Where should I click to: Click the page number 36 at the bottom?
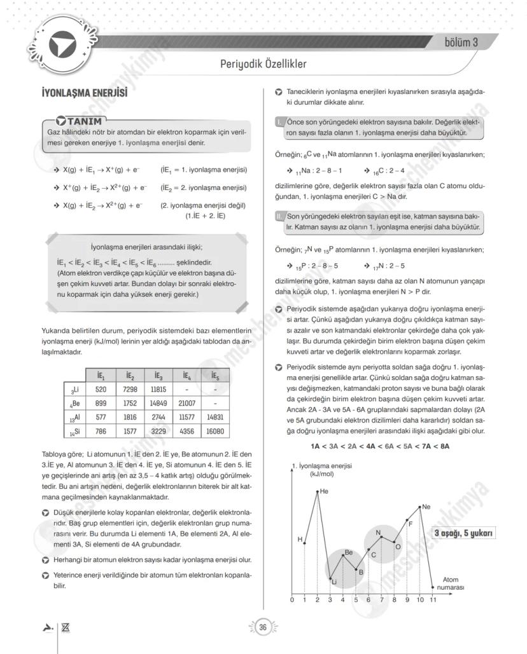pyautogui.click(x=262, y=627)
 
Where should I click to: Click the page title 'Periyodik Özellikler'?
pyautogui.click(x=263, y=64)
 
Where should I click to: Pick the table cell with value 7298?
pyautogui.click(x=130, y=389)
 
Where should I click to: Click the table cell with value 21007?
pyautogui.click(x=187, y=403)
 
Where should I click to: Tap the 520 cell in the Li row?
pyautogui.click(x=101, y=389)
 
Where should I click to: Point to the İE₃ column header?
pyautogui.click(x=158, y=375)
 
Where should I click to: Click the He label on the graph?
pyautogui.click(x=324, y=491)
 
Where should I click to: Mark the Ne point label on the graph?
pyautogui.click(x=426, y=507)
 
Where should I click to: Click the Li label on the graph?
pyautogui.click(x=333, y=582)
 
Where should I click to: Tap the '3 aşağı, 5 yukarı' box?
pyautogui.click(x=463, y=533)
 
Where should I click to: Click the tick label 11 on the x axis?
pyautogui.click(x=433, y=600)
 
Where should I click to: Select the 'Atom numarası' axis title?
pyautogui.click(x=451, y=583)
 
